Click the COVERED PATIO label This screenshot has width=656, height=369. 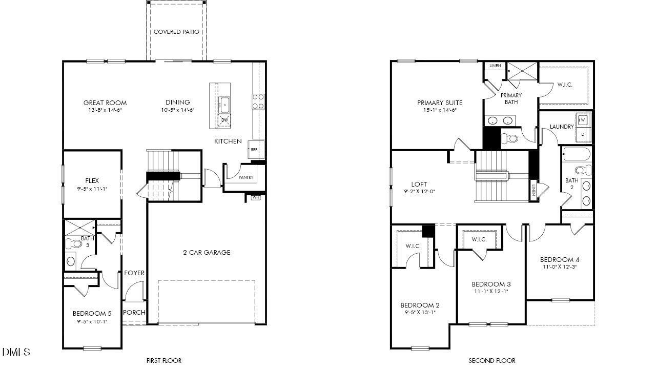pyautogui.click(x=176, y=32)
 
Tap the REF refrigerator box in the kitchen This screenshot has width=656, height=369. pyautogui.click(x=254, y=149)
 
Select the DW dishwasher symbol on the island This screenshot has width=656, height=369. pyautogui.click(x=224, y=120)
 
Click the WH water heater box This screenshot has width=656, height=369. pyautogui.click(x=255, y=196)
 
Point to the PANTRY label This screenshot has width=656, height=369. pyautogui.click(x=246, y=177)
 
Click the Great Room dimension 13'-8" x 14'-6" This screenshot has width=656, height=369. pyautogui.click(x=105, y=110)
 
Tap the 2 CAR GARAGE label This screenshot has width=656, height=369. pyautogui.click(x=207, y=252)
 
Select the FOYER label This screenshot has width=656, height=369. pyautogui.click(x=134, y=273)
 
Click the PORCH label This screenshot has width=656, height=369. pyautogui.click(x=134, y=313)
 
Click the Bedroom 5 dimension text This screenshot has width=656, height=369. pyautogui.click(x=92, y=322)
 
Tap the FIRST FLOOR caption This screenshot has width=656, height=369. pyautogui.click(x=163, y=360)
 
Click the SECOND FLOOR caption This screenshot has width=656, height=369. pyautogui.click(x=491, y=360)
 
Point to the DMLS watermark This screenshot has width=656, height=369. pyautogui.click(x=16, y=352)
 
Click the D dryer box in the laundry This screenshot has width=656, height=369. pyautogui.click(x=582, y=134)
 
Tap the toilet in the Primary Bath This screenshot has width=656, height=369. pyautogui.click(x=509, y=138)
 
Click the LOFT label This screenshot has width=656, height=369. pyautogui.click(x=419, y=184)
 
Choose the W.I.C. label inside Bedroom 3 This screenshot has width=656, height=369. pyautogui.click(x=479, y=239)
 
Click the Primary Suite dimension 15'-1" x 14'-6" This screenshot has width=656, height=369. pyautogui.click(x=439, y=110)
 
